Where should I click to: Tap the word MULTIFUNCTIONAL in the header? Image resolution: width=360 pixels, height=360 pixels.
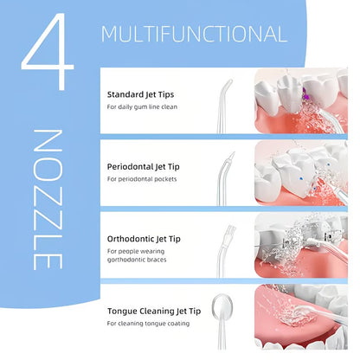coord(194,34)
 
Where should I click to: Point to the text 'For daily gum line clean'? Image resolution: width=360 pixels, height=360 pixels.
coord(143,106)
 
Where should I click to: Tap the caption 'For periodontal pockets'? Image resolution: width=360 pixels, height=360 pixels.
coord(141,178)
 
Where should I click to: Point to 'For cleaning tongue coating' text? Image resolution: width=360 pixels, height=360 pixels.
coord(147,323)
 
